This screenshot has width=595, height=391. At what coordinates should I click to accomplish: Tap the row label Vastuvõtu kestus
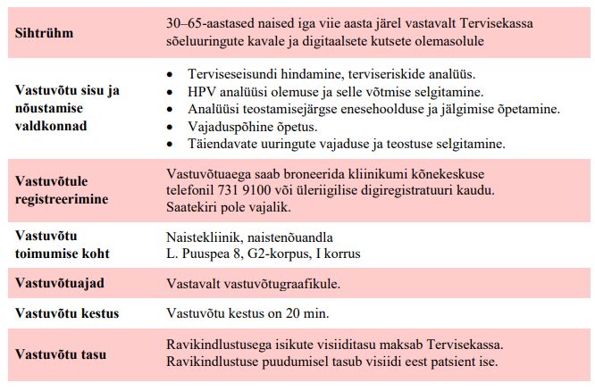pos(67,313)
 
